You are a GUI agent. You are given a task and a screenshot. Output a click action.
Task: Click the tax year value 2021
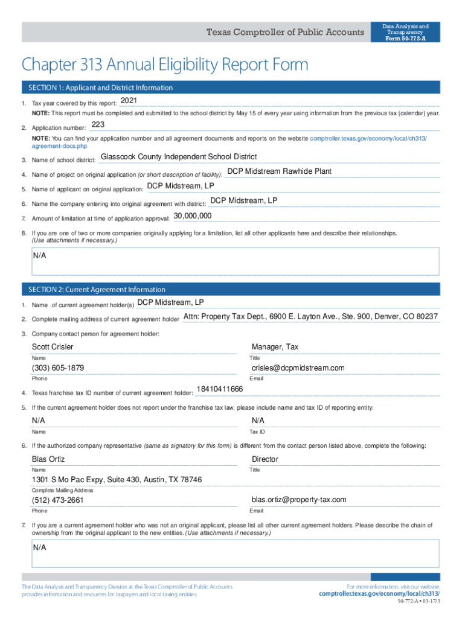click(x=130, y=100)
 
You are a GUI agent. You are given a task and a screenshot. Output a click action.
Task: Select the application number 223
click(x=98, y=125)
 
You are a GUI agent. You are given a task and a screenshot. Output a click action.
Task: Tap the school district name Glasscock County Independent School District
click(x=178, y=157)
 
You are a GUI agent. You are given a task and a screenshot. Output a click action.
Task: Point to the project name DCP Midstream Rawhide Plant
click(x=279, y=171)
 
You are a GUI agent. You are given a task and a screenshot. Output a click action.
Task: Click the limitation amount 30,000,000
click(x=192, y=215)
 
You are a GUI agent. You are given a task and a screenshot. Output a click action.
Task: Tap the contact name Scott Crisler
click(x=53, y=347)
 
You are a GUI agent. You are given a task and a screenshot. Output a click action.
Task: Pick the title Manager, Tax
click(x=275, y=347)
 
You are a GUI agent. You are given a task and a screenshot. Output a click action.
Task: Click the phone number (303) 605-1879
click(x=58, y=368)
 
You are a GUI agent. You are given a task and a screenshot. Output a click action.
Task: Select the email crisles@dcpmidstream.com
click(x=298, y=368)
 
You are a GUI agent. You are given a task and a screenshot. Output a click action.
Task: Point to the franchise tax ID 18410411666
click(x=220, y=389)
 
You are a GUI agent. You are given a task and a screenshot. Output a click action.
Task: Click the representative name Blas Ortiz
click(x=48, y=459)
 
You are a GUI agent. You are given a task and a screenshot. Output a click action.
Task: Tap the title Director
click(x=265, y=459)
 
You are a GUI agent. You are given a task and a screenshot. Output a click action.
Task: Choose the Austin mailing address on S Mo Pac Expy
click(x=117, y=480)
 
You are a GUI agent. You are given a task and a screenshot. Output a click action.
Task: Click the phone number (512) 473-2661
click(x=58, y=500)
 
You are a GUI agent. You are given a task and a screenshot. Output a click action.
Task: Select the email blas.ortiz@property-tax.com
click(x=299, y=500)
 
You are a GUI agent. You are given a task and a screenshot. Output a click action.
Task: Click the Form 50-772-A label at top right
click(x=405, y=39)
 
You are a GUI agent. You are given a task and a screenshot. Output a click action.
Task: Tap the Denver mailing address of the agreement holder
click(x=310, y=317)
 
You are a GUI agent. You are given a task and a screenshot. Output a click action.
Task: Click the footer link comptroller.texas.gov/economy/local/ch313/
click(x=379, y=594)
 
